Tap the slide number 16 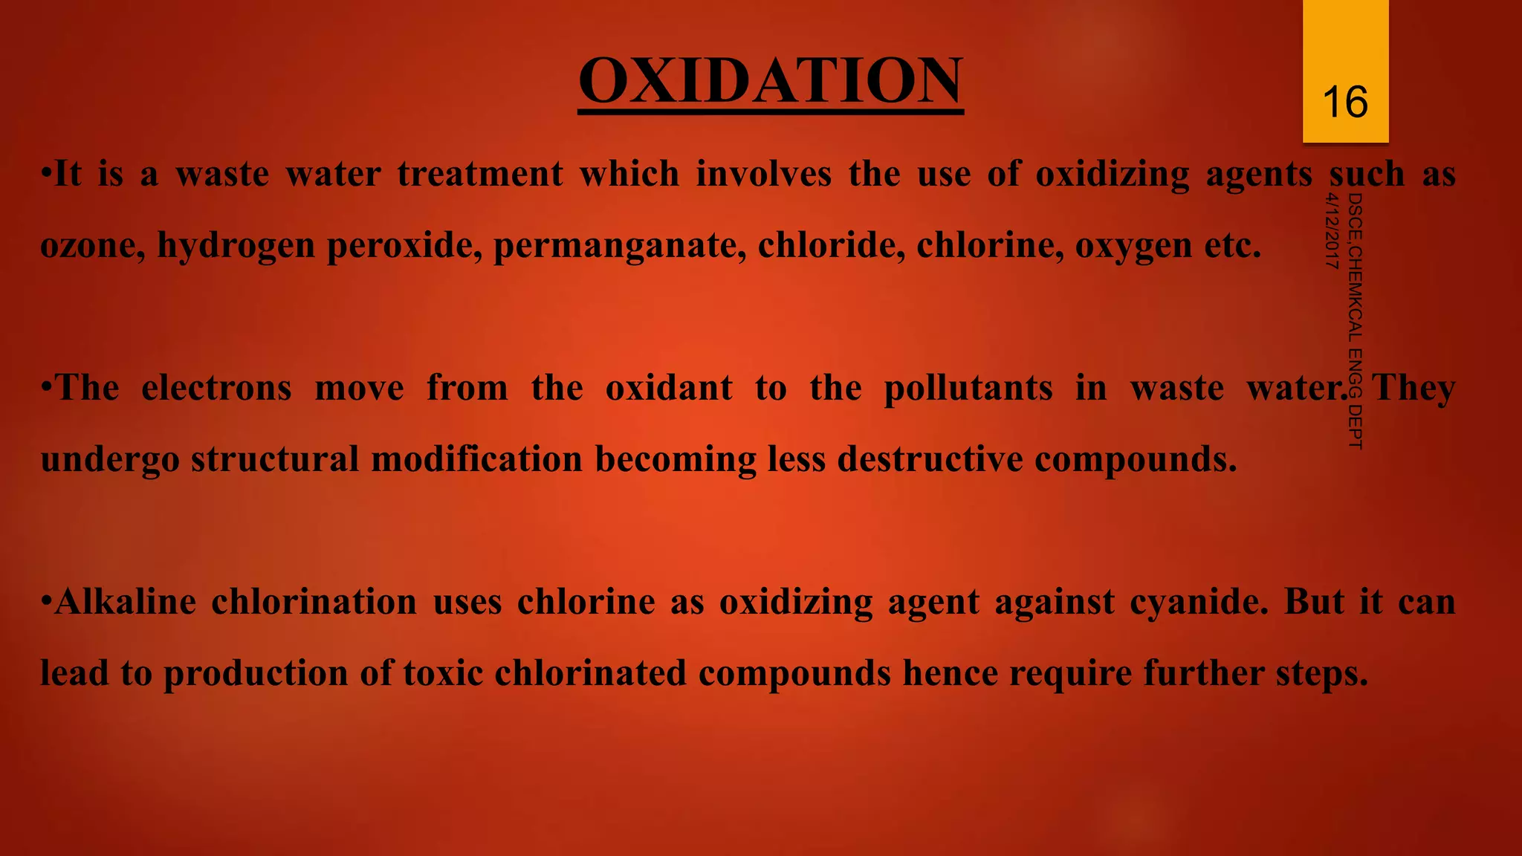click(1345, 102)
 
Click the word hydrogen click(236, 246)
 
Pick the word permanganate click(620, 246)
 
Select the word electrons click(216, 388)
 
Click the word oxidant click(669, 388)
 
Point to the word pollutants click(968, 388)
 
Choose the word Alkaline click(125, 602)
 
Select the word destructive click(930, 459)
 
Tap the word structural click(275, 459)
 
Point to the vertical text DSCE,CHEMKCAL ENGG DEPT click(1355, 320)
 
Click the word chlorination click(314, 602)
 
